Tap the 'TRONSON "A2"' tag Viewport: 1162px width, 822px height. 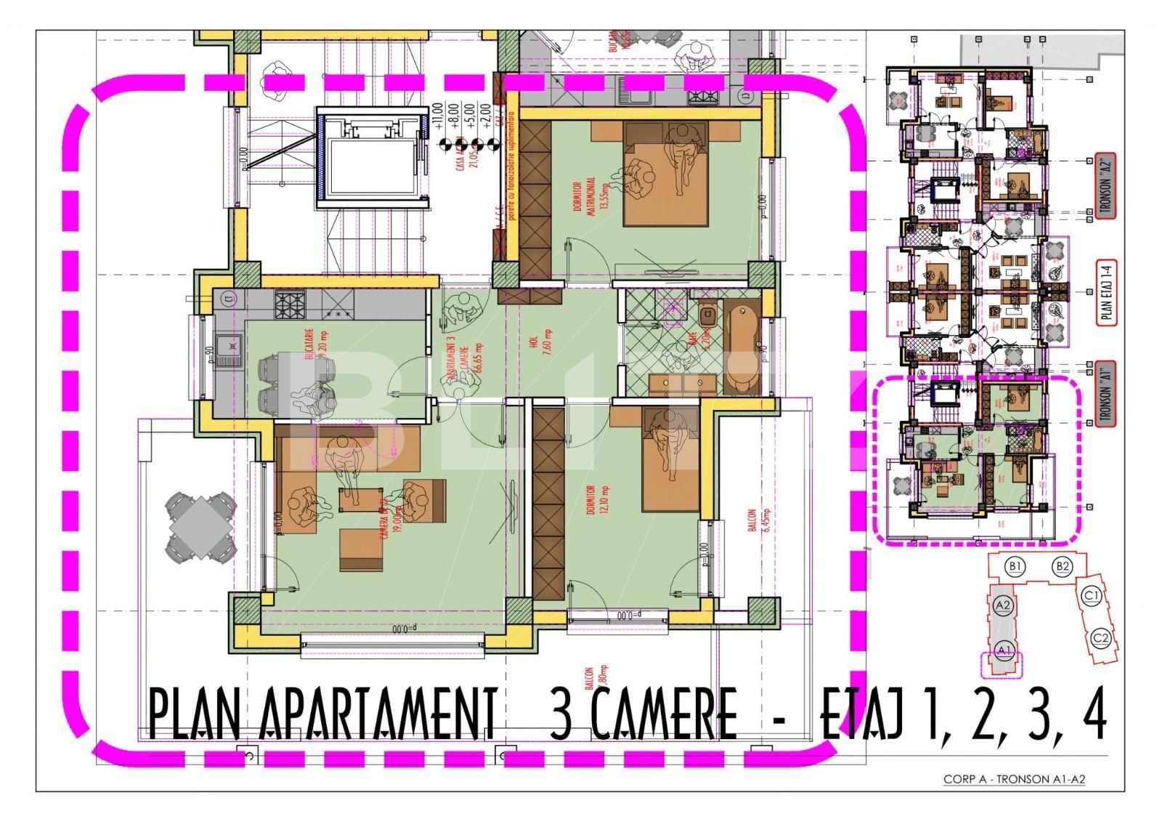pyautogui.click(x=1108, y=185)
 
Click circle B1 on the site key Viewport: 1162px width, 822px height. pyautogui.click(x=1016, y=565)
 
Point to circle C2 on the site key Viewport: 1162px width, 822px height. pyautogui.click(x=1101, y=639)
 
